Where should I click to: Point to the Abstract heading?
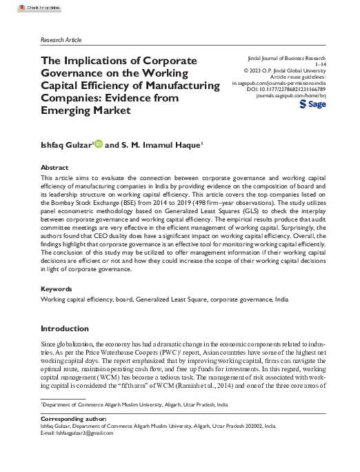(x=54, y=168)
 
